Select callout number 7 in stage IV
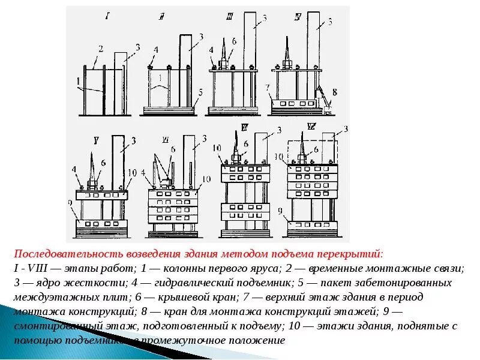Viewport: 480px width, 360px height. coord(267,88)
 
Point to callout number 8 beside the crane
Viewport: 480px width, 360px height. coord(335,92)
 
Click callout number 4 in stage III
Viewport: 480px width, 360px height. coord(211,50)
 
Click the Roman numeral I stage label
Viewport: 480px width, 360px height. coord(106,16)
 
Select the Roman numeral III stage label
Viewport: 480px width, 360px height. coord(229,19)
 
